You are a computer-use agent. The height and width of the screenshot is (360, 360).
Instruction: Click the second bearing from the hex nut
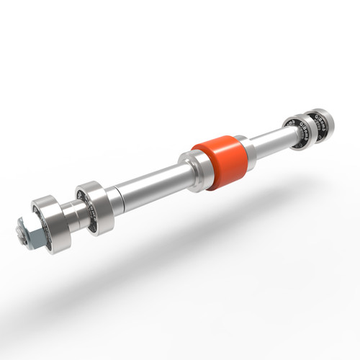click(x=94, y=207)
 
